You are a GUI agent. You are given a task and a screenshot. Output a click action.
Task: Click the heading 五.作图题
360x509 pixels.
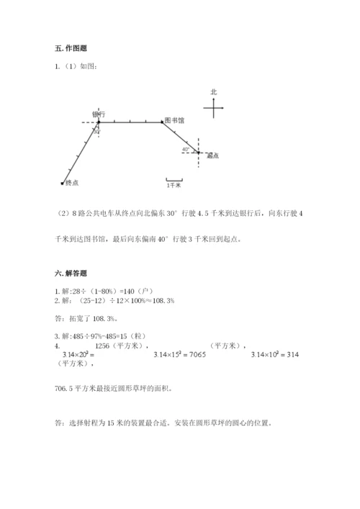[x=67, y=48]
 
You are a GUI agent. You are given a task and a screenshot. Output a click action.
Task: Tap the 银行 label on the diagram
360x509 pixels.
[x=99, y=114]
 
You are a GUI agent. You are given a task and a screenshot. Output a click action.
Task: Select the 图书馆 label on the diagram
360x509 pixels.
[x=174, y=120]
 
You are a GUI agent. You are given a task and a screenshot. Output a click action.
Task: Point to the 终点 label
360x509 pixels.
[x=71, y=183]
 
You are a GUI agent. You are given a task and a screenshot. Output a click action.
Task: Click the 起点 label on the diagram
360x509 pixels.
[x=212, y=155]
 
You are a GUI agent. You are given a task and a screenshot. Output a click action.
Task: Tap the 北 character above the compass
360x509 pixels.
[x=213, y=92]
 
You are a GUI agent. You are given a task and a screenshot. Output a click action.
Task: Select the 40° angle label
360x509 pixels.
[x=186, y=149]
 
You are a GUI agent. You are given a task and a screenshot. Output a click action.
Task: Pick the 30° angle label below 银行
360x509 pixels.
[x=97, y=130]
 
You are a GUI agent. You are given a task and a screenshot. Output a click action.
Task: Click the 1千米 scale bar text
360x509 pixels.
[x=174, y=186]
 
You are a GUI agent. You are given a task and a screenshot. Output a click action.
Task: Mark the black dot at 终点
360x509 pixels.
[x=63, y=181]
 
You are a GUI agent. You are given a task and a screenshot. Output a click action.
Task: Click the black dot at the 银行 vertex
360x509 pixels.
[x=99, y=122]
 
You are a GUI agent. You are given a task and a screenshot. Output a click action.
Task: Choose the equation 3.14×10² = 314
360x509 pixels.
[x=276, y=355]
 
